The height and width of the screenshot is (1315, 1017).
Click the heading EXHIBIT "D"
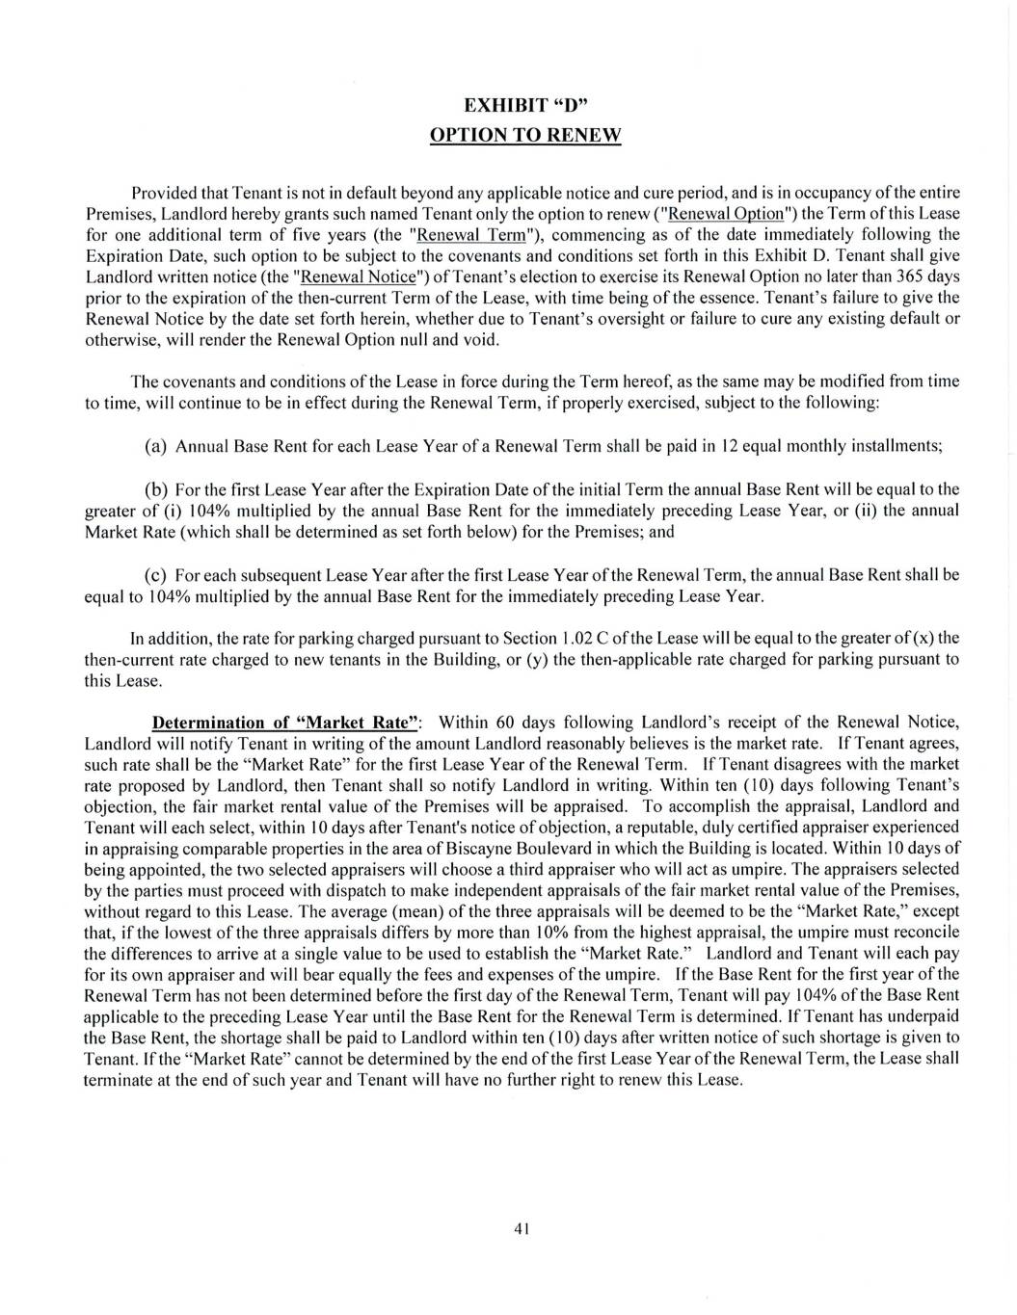click(x=525, y=105)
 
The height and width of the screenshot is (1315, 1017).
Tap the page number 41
click(x=523, y=1228)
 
